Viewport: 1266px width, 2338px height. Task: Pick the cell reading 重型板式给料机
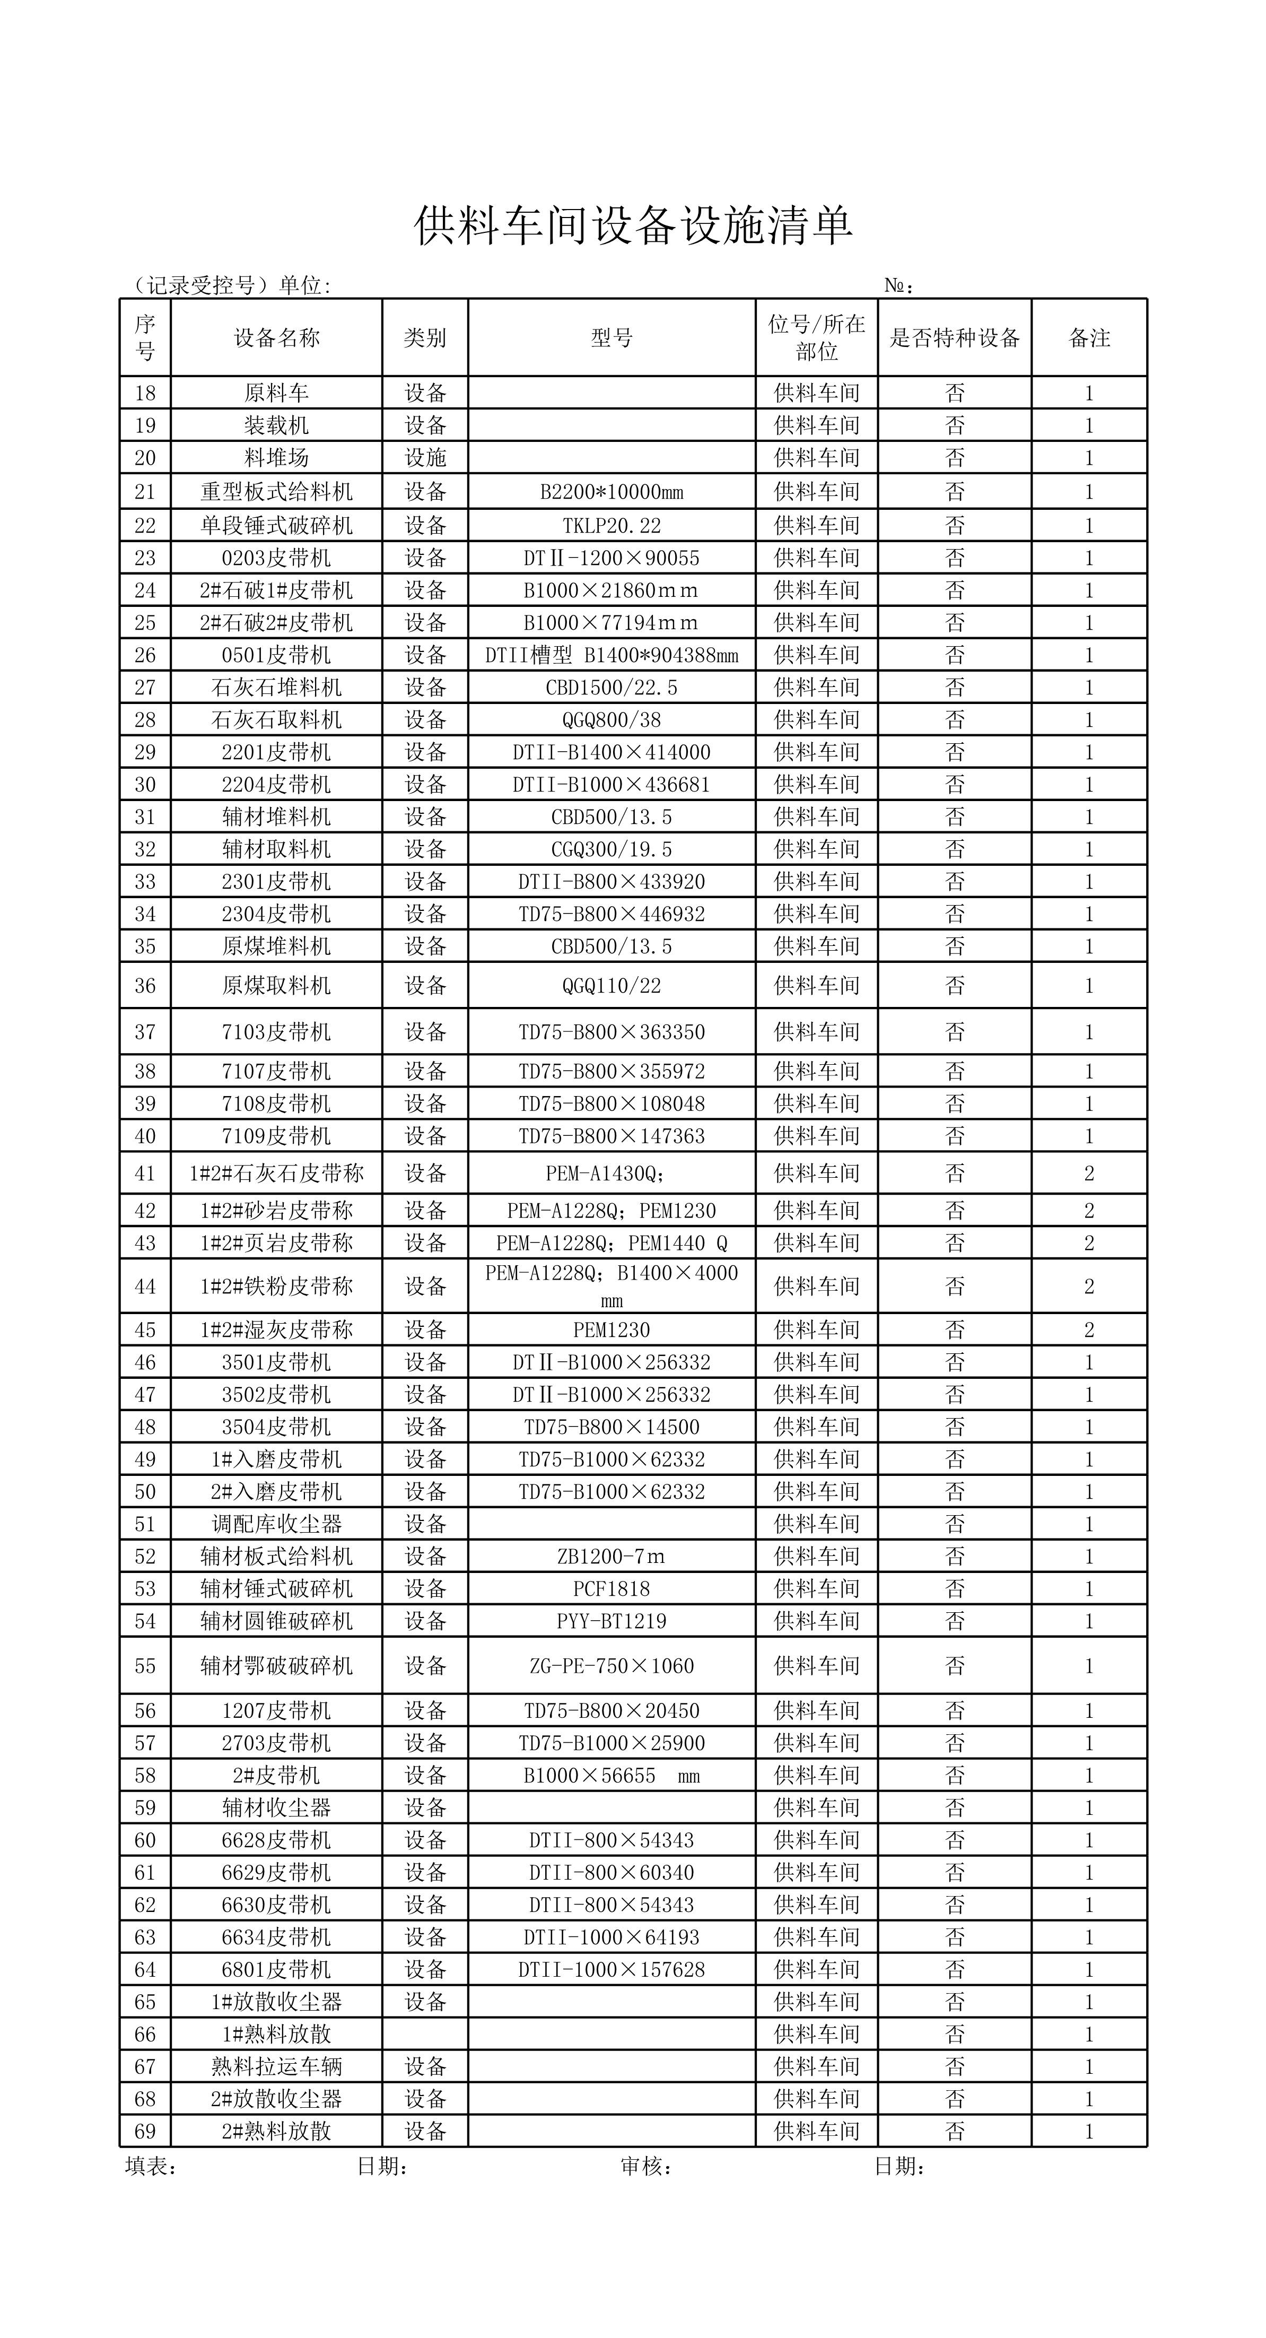point(277,492)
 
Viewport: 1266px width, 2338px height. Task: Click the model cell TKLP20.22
point(612,526)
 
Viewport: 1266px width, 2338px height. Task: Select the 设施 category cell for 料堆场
point(425,457)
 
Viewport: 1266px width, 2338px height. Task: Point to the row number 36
point(145,986)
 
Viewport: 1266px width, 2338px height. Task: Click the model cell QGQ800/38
point(612,720)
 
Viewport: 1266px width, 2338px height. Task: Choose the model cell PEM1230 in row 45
point(612,1329)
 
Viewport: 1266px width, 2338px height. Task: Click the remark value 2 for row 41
point(1089,1174)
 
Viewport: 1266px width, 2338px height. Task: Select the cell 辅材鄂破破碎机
point(277,1665)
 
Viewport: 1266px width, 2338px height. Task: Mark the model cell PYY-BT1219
point(612,1621)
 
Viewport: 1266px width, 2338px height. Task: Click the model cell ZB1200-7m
point(612,1557)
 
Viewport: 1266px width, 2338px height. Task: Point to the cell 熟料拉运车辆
point(277,2066)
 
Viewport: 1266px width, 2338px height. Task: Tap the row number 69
point(145,2131)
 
